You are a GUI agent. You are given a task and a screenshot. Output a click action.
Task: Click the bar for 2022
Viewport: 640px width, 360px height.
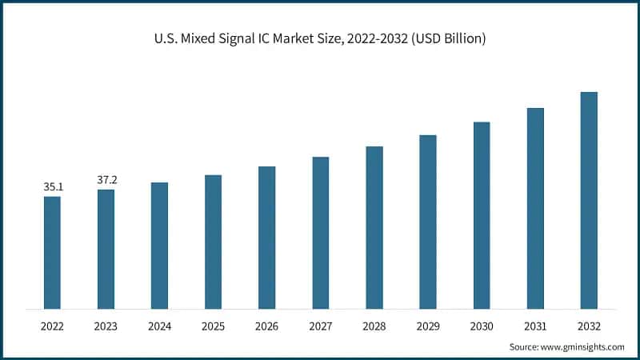pyautogui.click(x=52, y=252)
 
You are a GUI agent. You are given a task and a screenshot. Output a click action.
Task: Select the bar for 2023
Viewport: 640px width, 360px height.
pyautogui.click(x=106, y=249)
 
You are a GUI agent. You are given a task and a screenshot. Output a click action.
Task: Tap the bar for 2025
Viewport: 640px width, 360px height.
pyautogui.click(x=213, y=242)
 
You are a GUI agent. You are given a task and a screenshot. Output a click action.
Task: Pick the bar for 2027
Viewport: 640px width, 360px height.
pyautogui.click(x=320, y=232)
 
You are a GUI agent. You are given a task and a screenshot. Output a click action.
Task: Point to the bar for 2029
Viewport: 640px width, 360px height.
pyautogui.click(x=428, y=222)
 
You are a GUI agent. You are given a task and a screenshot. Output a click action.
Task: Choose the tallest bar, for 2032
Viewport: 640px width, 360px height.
pyautogui.click(x=589, y=200)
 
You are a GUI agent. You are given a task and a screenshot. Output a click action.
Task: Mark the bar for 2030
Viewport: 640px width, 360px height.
pyautogui.click(x=482, y=215)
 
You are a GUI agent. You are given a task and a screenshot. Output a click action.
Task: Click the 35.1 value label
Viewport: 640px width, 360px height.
pyautogui.click(x=53, y=187)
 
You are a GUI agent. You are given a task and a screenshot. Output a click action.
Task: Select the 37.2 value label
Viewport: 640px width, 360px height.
pyautogui.click(x=107, y=180)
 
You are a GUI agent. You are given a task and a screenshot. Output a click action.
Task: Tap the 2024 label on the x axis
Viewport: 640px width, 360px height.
pyautogui.click(x=159, y=326)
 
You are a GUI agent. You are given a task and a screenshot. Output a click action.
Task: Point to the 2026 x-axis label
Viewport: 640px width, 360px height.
pyautogui.click(x=266, y=326)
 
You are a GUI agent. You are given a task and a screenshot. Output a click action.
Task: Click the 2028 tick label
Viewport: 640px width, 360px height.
pyautogui.click(x=374, y=326)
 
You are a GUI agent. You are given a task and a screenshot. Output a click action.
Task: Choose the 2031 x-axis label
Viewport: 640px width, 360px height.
pyautogui.click(x=535, y=326)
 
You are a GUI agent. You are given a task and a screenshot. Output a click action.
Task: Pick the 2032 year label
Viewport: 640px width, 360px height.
pyautogui.click(x=589, y=326)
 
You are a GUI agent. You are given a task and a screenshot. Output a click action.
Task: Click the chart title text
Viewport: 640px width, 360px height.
pyautogui.click(x=320, y=38)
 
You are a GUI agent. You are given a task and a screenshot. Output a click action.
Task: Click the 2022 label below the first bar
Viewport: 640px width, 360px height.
pyautogui.click(x=52, y=326)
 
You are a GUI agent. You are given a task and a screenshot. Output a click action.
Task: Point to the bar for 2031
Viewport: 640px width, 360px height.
pyautogui.click(x=535, y=208)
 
